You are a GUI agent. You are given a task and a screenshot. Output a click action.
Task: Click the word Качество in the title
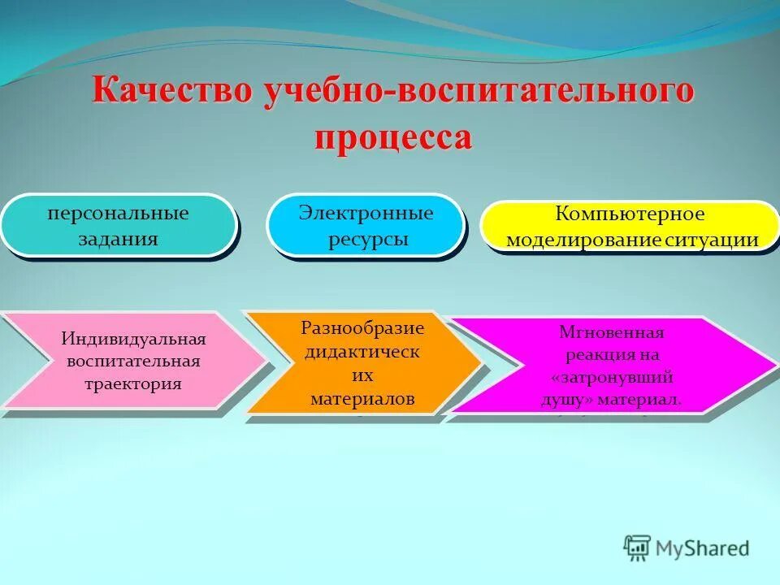tap(171, 91)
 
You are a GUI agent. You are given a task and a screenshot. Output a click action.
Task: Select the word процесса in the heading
tap(392, 136)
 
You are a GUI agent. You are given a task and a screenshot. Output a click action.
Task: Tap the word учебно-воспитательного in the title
tap(478, 91)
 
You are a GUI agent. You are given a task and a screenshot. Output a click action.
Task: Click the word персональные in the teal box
tap(118, 214)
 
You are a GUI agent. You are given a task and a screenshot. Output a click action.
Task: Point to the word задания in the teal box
tap(118, 240)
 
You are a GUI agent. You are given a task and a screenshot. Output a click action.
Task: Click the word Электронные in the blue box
tap(366, 214)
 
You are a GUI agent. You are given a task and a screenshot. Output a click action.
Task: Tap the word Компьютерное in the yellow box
tap(630, 215)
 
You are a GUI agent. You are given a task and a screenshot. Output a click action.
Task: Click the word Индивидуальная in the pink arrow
tap(134, 339)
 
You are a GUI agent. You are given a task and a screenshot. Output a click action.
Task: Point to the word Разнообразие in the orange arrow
tap(362, 328)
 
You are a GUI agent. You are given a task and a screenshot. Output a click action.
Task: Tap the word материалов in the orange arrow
tap(362, 399)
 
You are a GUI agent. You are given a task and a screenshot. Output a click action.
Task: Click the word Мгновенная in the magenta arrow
tap(611, 332)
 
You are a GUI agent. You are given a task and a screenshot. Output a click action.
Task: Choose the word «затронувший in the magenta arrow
tap(611, 378)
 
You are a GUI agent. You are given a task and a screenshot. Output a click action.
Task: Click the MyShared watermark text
tap(703, 548)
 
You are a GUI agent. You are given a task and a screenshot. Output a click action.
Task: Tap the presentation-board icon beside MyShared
tap(638, 548)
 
